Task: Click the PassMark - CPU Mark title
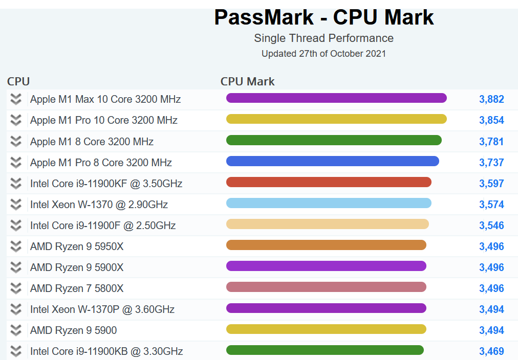click(323, 17)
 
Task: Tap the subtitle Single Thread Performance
click(323, 38)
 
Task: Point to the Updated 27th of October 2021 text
click(323, 54)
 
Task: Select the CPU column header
click(18, 81)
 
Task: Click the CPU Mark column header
click(247, 81)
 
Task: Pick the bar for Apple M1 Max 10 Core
click(336, 98)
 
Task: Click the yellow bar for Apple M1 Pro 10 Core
click(336, 119)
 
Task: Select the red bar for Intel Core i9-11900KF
click(329, 182)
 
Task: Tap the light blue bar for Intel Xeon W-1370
click(329, 203)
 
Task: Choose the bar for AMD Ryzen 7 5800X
click(326, 287)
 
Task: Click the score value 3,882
click(491, 99)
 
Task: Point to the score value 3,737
click(491, 163)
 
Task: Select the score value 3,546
click(491, 226)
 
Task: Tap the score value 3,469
click(491, 351)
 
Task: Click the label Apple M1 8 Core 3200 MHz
click(92, 142)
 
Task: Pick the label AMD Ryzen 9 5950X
click(77, 246)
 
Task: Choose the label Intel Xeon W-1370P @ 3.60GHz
click(102, 309)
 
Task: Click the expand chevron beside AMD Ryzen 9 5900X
click(16, 267)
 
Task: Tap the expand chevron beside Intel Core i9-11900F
click(16, 226)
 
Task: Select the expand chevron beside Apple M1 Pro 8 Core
click(16, 163)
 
